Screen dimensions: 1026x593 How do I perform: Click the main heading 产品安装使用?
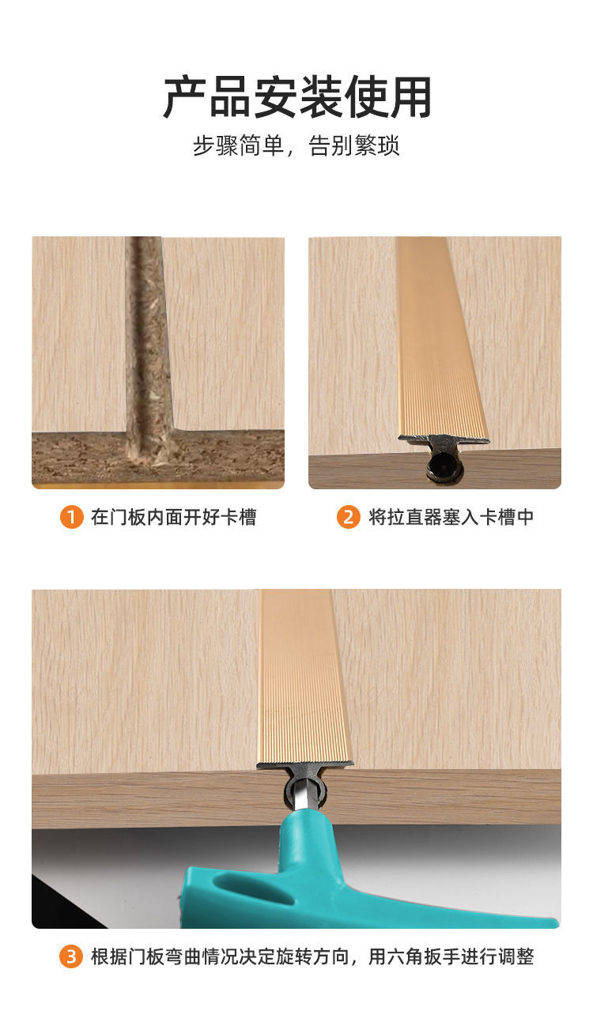click(297, 98)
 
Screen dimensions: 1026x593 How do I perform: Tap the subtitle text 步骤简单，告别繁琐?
click(296, 146)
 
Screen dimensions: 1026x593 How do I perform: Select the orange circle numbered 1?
click(71, 518)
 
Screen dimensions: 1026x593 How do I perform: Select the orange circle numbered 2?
click(348, 518)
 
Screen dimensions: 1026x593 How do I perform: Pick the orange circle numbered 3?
click(71, 957)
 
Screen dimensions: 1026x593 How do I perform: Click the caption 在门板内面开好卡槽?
click(173, 518)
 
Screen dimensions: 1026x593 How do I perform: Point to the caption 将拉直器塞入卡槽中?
click(451, 518)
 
